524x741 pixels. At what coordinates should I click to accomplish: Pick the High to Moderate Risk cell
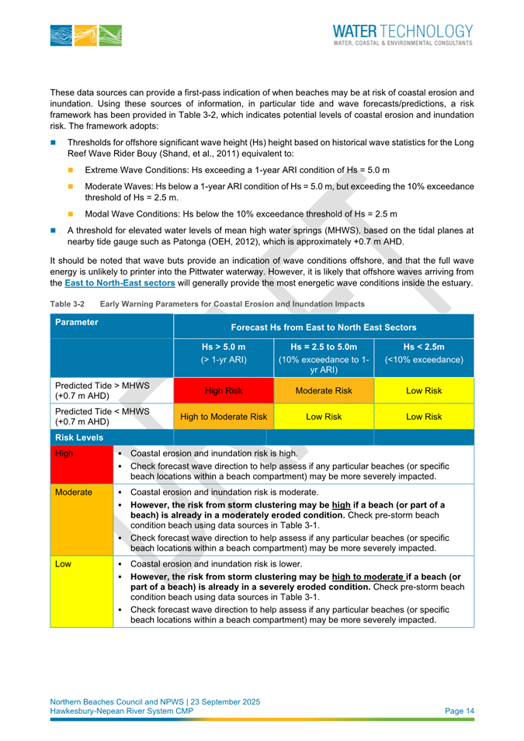224,417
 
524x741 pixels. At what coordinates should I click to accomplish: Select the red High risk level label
63,453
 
